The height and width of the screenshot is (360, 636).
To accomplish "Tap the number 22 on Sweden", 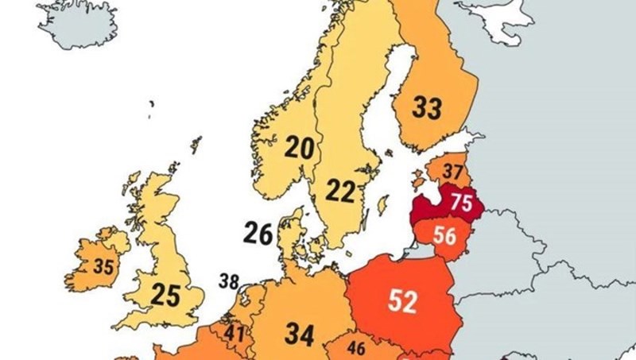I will pyautogui.click(x=340, y=191).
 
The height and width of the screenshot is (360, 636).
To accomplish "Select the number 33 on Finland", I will pyautogui.click(x=426, y=107).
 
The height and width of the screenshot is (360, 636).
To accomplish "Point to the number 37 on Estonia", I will pyautogui.click(x=452, y=171).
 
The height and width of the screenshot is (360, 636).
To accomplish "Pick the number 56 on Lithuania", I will pyautogui.click(x=444, y=236).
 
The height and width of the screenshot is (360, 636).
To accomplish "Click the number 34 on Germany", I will pyautogui.click(x=300, y=335).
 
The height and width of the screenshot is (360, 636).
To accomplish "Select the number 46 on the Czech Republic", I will pyautogui.click(x=357, y=347).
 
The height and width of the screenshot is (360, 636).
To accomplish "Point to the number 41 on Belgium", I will pyautogui.click(x=234, y=334).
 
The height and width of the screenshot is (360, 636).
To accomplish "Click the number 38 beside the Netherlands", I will pyautogui.click(x=229, y=281).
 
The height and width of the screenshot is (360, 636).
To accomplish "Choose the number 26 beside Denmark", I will pyautogui.click(x=258, y=234).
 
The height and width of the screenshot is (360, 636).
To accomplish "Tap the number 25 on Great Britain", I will pyautogui.click(x=166, y=296).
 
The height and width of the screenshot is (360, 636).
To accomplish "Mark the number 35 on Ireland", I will pyautogui.click(x=103, y=267).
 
